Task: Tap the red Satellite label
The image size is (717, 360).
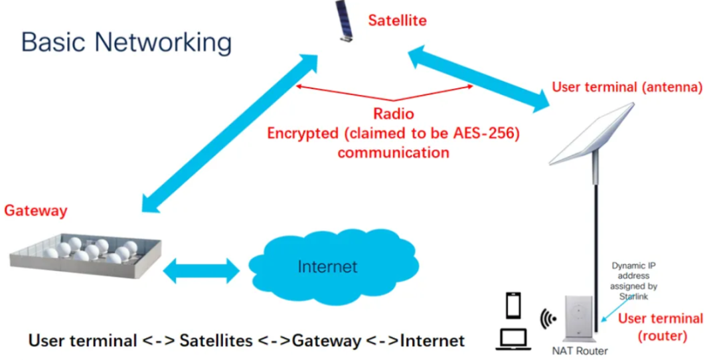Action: coord(398,20)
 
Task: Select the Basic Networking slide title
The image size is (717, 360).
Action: coord(127,43)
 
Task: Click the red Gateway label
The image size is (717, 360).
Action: coord(36,211)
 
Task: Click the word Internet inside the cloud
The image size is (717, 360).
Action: coord(327,267)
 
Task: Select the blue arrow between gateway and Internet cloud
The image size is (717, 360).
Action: coord(202,270)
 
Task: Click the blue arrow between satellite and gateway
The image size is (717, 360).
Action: coord(230,133)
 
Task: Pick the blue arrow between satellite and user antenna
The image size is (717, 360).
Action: coord(478,78)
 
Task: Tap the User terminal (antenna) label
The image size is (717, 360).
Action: coord(627,87)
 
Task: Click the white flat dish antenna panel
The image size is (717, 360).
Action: coord(592,134)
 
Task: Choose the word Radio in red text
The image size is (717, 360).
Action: coord(394,114)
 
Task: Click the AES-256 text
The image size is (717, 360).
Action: coord(485,134)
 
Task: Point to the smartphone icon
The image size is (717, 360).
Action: coord(513,306)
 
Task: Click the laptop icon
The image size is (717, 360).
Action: coord(513,339)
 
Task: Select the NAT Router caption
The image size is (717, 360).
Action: coord(580,351)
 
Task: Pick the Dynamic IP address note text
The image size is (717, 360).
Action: coord(634,281)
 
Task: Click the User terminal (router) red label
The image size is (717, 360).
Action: coord(661,327)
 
